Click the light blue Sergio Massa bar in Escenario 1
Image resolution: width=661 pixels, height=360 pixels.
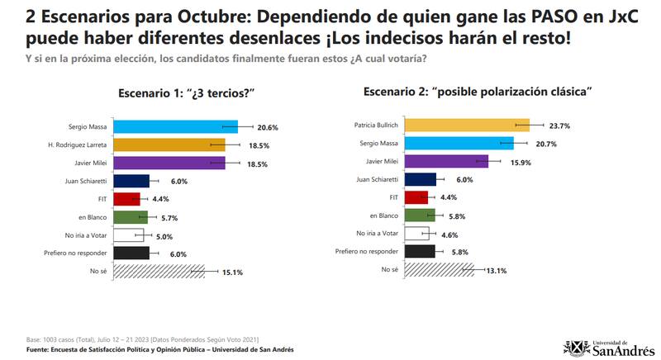[174, 126]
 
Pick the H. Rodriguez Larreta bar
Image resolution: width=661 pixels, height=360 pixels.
[169, 144]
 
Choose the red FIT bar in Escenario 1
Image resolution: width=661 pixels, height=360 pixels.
[127, 198]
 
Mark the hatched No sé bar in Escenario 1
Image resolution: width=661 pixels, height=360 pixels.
[158, 270]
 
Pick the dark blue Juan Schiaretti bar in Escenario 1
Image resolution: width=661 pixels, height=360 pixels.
[131, 180]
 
